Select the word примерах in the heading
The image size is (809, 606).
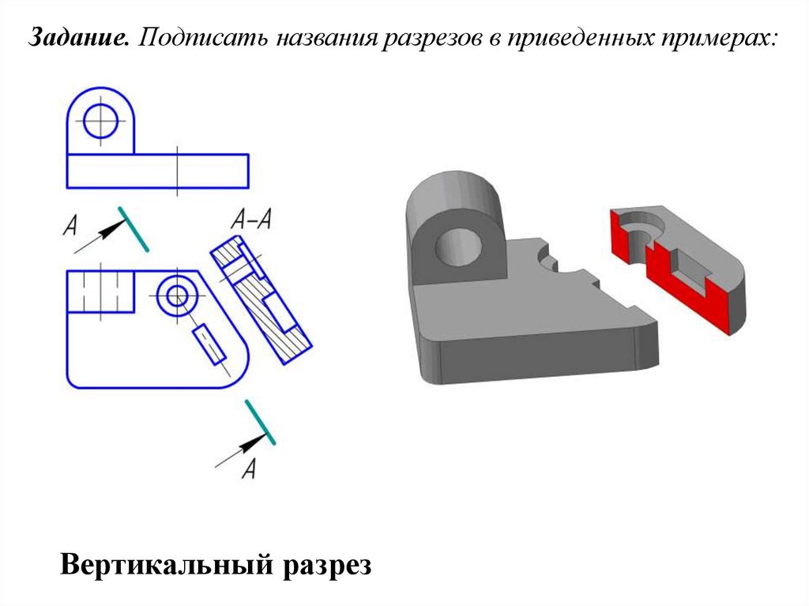pyautogui.click(x=716, y=37)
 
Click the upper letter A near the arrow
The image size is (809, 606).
pyautogui.click(x=70, y=227)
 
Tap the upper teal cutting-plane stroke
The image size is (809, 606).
pyautogui.click(x=134, y=229)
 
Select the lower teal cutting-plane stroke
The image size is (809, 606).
pyautogui.click(x=260, y=423)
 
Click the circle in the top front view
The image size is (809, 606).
pyautogui.click(x=100, y=122)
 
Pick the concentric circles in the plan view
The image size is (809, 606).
pyautogui.click(x=176, y=296)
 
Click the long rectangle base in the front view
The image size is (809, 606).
pyautogui.click(x=157, y=171)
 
